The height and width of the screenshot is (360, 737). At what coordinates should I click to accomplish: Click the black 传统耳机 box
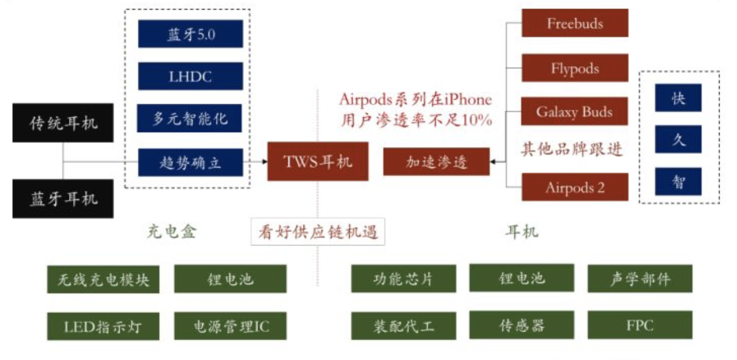63,122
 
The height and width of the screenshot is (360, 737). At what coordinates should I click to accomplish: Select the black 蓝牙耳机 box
63,199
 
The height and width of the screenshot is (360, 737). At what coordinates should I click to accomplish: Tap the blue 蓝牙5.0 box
190,34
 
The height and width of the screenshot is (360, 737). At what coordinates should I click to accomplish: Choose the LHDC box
190,76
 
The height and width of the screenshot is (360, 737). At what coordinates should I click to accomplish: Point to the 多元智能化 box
190,118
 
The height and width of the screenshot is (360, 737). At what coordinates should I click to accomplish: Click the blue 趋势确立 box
190,162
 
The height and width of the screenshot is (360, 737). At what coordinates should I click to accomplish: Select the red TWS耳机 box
318,161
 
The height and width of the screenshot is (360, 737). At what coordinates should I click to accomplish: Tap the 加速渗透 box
436,162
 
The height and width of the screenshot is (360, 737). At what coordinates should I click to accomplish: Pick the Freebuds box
575,23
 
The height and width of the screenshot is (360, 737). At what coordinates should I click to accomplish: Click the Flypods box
575,68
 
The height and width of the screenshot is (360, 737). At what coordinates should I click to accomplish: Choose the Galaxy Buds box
575,111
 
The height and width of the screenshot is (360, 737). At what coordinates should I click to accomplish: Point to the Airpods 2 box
575,187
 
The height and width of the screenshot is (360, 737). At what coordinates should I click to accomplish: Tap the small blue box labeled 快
678,98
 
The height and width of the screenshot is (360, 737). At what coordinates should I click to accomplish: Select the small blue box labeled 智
678,182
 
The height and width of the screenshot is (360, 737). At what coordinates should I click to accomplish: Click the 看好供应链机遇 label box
318,232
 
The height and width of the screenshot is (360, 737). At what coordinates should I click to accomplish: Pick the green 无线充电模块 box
103,279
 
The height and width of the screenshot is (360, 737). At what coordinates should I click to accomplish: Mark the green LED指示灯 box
103,326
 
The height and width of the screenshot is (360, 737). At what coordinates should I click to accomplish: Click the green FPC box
640,325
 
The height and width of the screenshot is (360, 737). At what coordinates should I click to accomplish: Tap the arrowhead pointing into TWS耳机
264,162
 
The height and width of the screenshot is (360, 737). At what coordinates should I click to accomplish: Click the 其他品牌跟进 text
572,149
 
